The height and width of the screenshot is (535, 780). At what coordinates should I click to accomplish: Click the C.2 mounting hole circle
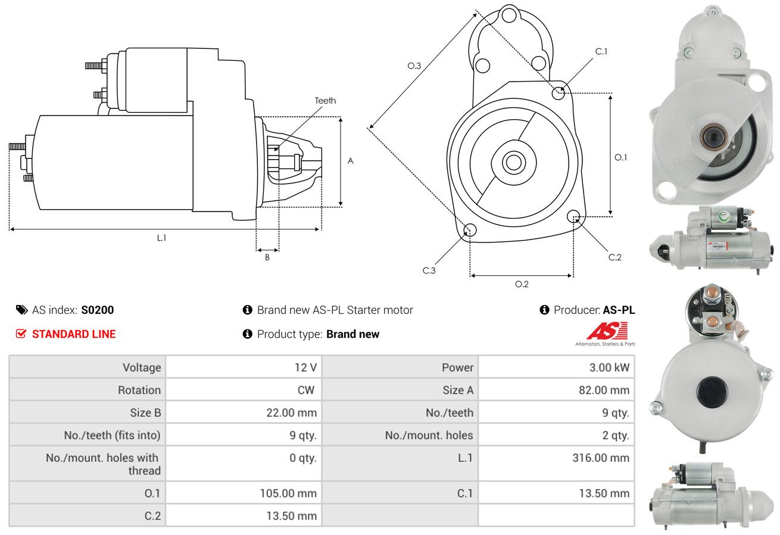(574, 216)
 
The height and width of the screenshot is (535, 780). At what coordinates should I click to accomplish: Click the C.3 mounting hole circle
(470, 230)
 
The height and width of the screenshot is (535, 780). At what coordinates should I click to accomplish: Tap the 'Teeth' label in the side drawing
(325, 101)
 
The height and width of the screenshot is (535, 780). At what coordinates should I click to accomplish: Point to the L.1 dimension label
(161, 238)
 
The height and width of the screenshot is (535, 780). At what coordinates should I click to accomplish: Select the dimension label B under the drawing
(267, 257)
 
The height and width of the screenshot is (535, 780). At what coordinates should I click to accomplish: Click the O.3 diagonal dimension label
(414, 66)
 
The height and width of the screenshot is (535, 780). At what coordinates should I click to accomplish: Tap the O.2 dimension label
(522, 284)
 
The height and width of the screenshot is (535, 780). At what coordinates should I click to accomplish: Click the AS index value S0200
(97, 310)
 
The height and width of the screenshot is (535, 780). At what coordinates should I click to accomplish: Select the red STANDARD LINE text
(74, 334)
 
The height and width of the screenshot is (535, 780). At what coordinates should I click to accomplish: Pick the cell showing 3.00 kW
(609, 367)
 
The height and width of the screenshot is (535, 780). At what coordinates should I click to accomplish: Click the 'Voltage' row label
(142, 367)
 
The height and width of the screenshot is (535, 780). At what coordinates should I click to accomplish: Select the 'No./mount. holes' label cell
(429, 435)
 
